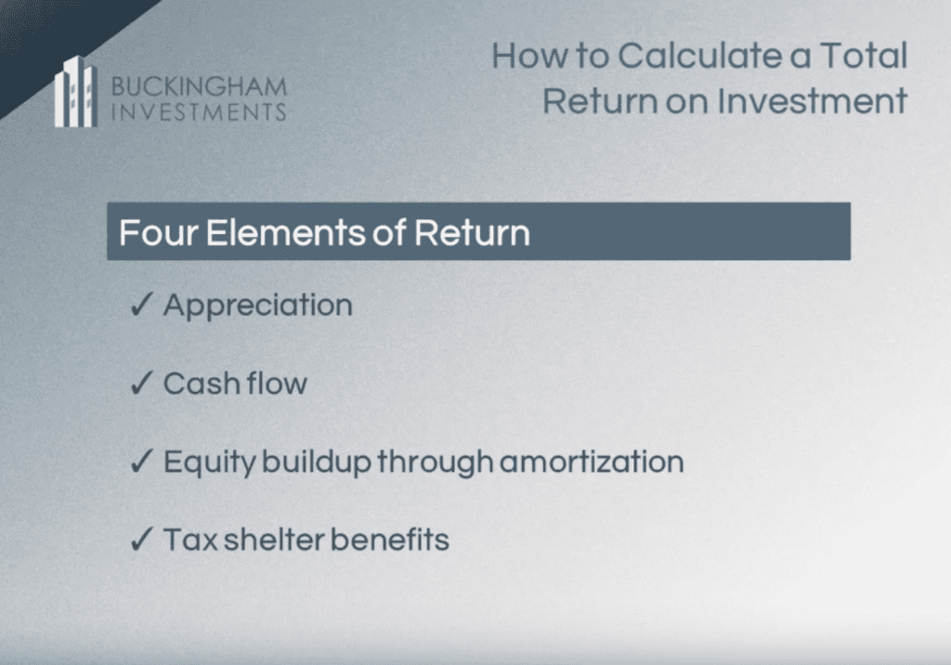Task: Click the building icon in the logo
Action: point(76,92)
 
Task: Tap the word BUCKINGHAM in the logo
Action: point(199,86)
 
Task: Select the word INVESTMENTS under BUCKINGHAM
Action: point(199,112)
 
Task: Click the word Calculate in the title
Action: point(698,55)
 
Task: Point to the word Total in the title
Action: point(865,55)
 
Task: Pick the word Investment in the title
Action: point(813,100)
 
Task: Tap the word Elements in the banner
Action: point(286,232)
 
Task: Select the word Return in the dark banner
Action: point(472,232)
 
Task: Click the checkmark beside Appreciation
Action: point(141,304)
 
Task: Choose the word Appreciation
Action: point(258,306)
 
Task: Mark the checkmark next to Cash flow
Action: point(141,383)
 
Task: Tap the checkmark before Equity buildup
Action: point(141,461)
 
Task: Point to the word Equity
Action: point(210,463)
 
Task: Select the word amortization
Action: point(592,462)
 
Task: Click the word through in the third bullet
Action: point(435,463)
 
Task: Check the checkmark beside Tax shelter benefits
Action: point(141,539)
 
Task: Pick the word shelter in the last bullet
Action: point(274,539)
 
